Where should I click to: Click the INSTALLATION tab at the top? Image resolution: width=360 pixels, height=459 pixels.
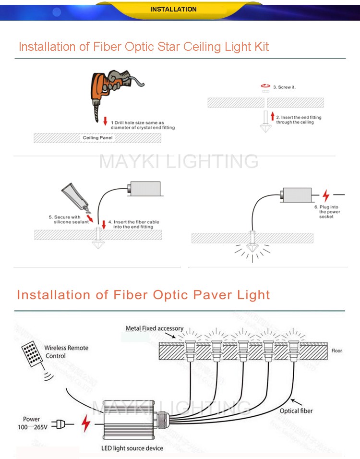point(173,9)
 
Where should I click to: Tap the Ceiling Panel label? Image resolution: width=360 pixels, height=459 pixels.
point(97,138)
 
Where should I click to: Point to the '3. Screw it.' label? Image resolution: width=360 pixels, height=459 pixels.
point(284,87)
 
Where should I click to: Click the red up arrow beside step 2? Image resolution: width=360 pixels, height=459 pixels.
point(272,116)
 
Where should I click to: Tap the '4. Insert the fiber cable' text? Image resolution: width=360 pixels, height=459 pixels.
point(133,224)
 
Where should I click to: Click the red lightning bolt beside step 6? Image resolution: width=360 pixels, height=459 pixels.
point(326,195)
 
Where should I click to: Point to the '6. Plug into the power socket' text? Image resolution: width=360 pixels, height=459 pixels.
point(329,212)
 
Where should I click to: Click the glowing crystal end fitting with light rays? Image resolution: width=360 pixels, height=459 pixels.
point(251,248)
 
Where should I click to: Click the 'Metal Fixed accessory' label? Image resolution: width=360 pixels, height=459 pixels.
point(154,328)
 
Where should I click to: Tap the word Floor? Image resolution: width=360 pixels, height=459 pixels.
point(337,351)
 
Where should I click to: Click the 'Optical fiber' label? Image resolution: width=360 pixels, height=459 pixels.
point(296,411)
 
